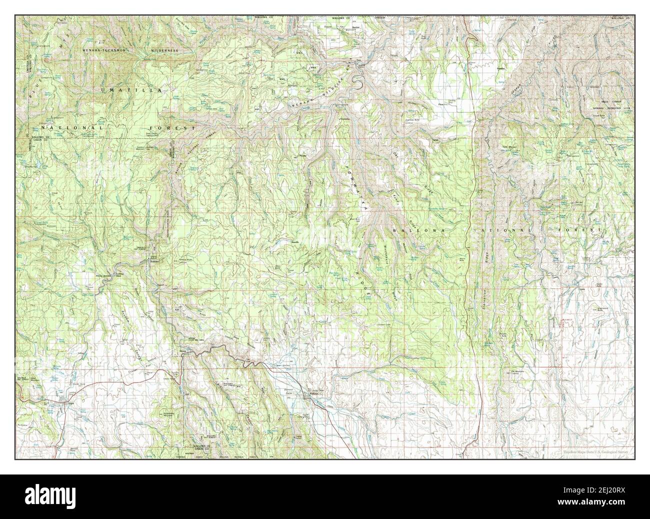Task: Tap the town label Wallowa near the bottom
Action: (x=313, y=393)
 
